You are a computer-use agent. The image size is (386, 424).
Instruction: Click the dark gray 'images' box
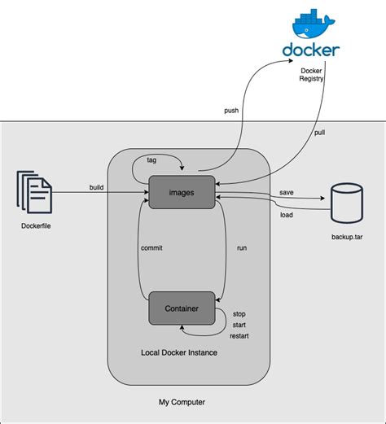click(x=181, y=191)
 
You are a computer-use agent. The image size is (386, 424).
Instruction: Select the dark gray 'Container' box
click(x=181, y=308)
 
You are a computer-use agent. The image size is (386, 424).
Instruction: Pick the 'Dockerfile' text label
click(x=34, y=225)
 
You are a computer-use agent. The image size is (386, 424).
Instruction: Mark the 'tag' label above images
click(x=151, y=160)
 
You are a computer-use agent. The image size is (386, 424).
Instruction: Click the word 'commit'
click(x=152, y=247)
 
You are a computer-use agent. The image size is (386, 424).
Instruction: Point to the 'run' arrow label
click(x=242, y=247)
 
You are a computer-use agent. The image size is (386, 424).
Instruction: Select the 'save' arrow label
click(x=287, y=193)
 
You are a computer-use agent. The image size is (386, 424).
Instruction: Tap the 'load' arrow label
click(x=287, y=215)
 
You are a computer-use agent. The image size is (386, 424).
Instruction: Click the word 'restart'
click(x=239, y=336)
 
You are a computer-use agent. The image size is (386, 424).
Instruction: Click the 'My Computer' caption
click(x=182, y=403)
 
